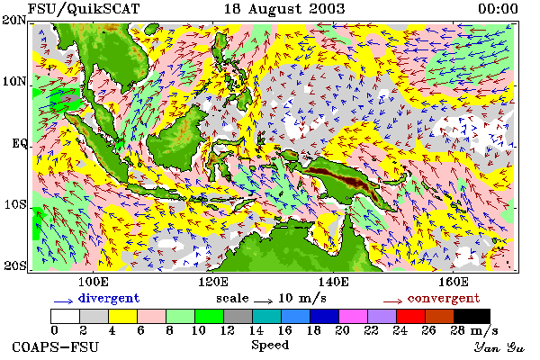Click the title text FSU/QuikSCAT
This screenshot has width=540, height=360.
click(x=84, y=9)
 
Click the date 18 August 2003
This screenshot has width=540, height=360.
click(x=284, y=9)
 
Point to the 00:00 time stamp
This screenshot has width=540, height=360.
click(x=498, y=9)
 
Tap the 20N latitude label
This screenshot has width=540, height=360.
click(x=14, y=20)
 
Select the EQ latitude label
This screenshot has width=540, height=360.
click(x=19, y=143)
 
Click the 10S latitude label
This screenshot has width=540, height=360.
click(x=14, y=204)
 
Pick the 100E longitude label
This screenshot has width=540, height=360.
click(x=94, y=282)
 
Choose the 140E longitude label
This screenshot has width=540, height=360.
click(x=333, y=282)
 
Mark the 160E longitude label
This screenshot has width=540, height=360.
click(x=454, y=282)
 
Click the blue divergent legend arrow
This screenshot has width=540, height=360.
click(x=63, y=301)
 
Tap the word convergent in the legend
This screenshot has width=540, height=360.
click(x=444, y=298)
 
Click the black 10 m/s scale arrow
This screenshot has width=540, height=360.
click(x=264, y=301)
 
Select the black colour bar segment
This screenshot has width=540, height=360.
click(x=472, y=316)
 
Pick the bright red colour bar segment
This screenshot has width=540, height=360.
click(x=410, y=316)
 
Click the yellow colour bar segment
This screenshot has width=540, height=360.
click(x=122, y=316)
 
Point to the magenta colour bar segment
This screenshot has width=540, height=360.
click(x=353, y=316)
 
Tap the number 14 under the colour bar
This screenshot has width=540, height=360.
click(x=256, y=330)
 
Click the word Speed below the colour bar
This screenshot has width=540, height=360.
click(x=270, y=346)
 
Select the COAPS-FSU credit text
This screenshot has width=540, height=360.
click(x=55, y=347)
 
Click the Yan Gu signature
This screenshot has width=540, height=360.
click(x=499, y=347)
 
